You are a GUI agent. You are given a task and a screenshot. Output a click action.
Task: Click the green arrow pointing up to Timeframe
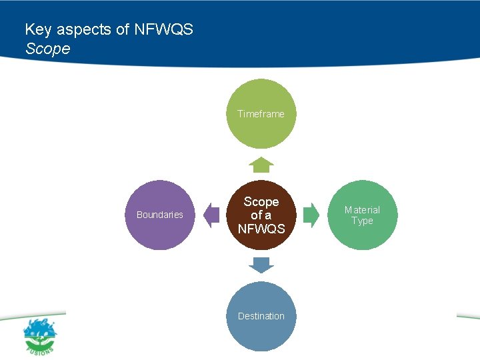(261, 165)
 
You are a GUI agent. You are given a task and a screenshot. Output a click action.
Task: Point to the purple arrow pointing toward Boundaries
(211, 215)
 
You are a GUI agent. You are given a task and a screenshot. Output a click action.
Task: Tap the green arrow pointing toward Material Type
(311, 215)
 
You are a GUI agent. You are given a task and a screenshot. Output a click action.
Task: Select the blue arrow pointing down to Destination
(261, 265)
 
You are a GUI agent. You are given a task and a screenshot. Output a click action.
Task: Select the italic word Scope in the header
(47, 49)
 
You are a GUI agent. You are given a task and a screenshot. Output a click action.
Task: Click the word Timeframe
(261, 114)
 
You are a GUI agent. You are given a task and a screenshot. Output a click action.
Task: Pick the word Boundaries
(160, 215)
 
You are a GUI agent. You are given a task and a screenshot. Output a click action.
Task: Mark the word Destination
(261, 316)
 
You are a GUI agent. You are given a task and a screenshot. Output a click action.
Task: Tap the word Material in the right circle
(362, 210)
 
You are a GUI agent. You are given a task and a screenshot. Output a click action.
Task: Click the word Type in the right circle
(362, 221)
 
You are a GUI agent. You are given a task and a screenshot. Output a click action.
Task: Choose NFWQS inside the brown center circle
(261, 229)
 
